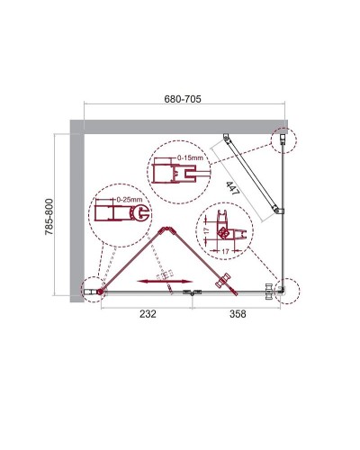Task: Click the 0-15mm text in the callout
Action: (x=190, y=157)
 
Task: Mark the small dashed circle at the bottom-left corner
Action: (x=91, y=290)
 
